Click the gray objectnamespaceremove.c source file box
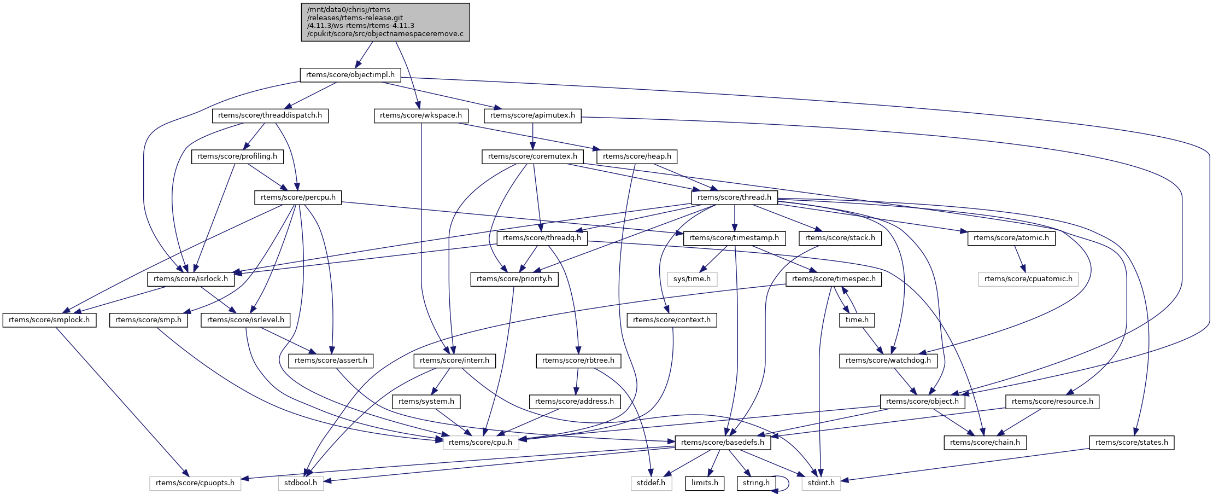385,22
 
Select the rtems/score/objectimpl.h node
350,74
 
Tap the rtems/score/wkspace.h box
421,115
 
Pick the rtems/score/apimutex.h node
532,115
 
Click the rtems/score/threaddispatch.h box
270,115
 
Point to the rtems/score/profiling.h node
237,156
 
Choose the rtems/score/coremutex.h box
532,156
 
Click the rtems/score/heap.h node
637,156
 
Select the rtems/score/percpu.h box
298,197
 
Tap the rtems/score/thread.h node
734,197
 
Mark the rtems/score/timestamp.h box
734,238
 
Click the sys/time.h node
692,279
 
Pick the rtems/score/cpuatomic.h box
1028,279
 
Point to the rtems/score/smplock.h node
49,320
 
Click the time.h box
857,320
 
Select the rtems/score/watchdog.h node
888,361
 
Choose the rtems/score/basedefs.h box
723,443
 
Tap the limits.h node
705,483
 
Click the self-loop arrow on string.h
788,483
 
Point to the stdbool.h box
301,483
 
